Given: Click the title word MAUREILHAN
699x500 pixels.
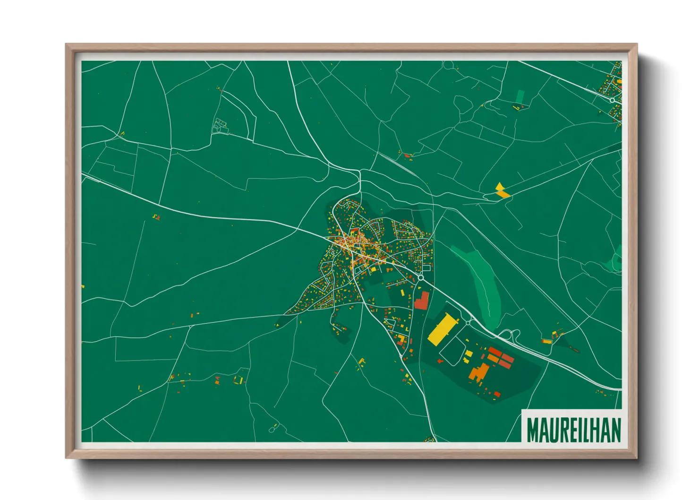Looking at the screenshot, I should [573, 430].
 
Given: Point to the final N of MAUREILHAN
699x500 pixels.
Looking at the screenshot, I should [614, 430].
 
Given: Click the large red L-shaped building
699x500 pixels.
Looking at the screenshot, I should [422, 301].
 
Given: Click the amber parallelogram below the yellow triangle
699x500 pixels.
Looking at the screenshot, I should [503, 193].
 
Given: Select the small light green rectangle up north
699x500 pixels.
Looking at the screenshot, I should [520, 96].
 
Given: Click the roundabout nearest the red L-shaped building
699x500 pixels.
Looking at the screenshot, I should [420, 278].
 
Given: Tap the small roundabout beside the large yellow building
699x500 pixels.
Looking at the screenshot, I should [469, 322].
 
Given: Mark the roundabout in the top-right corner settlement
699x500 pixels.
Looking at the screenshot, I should [612, 100].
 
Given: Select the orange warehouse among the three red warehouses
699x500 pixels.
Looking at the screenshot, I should [494, 359].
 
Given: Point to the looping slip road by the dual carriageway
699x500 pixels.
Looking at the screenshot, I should [508, 335].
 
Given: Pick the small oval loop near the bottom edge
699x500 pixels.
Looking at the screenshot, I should [273, 429].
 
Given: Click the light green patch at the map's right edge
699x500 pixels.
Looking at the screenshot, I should [616, 260].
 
